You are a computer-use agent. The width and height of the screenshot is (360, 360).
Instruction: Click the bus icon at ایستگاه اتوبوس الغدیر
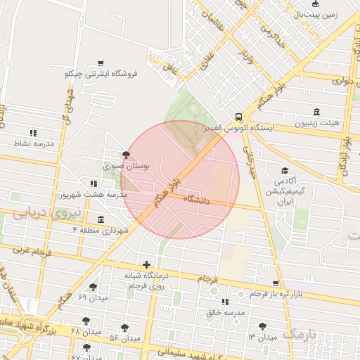click(x=239, y=117)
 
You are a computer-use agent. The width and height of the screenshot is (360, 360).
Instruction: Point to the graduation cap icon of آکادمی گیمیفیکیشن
click(x=285, y=171)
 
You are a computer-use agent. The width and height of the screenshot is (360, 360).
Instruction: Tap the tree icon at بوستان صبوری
click(x=126, y=155)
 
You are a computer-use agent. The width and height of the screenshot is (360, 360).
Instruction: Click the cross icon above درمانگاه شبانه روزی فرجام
click(x=146, y=265)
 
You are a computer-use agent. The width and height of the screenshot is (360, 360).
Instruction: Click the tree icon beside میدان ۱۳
click(x=263, y=326)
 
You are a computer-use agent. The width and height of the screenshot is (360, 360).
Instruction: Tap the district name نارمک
click(x=304, y=332)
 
